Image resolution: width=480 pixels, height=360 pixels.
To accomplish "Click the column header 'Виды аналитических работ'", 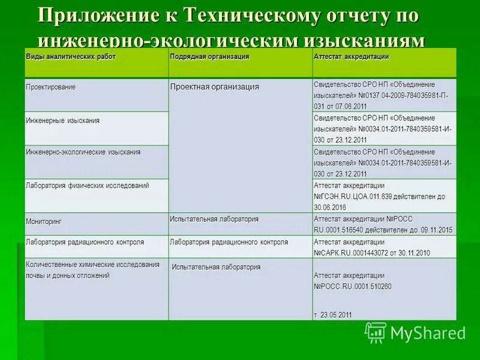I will [x=71, y=56].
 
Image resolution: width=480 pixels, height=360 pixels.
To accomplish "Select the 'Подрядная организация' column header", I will [x=209, y=56].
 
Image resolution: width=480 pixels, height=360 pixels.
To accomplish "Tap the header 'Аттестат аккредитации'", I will [x=351, y=56].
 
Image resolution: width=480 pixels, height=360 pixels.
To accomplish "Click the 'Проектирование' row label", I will [x=50, y=87].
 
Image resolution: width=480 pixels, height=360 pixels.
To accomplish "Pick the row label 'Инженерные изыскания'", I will [x=62, y=121].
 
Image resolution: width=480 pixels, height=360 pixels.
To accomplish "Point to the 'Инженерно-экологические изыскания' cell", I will [x=83, y=152].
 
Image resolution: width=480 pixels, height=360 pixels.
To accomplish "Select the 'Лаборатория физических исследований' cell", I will [x=87, y=186].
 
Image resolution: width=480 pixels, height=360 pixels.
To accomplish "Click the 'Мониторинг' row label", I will [x=43, y=221].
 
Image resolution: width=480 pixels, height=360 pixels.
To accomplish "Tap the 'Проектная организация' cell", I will [x=214, y=87].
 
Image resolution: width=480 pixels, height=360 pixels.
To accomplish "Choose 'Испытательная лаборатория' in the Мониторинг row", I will [x=214, y=219].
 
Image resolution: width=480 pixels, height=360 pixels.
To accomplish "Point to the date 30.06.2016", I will [x=330, y=206].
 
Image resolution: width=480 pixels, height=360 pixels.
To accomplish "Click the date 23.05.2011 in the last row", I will [x=336, y=315].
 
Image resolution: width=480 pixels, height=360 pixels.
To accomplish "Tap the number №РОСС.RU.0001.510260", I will [x=353, y=287].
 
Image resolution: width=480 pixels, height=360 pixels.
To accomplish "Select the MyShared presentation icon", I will [x=375, y=332].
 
